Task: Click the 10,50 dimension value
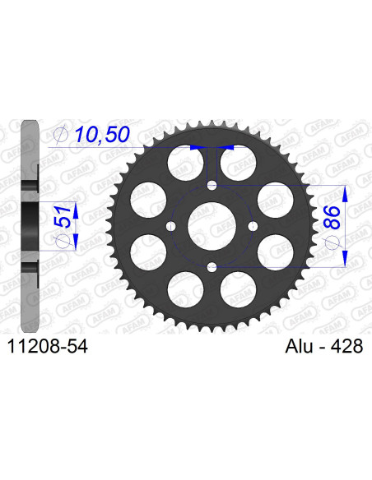(102, 135)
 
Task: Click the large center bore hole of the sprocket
(212, 225)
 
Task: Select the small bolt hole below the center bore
(212, 266)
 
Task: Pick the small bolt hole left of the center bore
(170, 226)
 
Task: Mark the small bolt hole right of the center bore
(253, 226)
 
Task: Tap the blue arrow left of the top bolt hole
(198, 148)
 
